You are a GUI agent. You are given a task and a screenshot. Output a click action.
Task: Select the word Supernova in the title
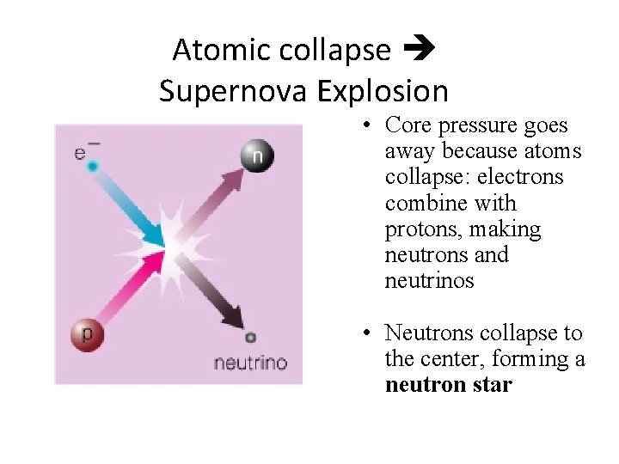coord(225,90)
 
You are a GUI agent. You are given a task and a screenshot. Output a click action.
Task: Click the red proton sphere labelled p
coord(87,333)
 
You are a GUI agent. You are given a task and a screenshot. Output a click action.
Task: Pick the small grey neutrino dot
coord(250,338)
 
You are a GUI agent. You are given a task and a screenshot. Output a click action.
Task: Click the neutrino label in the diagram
coord(250,363)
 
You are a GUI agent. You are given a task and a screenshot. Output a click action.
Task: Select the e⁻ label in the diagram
coord(83,151)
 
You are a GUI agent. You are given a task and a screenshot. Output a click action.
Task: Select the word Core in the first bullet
coord(408,125)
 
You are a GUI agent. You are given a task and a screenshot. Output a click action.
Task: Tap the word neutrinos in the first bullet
coord(429,281)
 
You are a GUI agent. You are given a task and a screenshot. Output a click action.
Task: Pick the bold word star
coord(493,385)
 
